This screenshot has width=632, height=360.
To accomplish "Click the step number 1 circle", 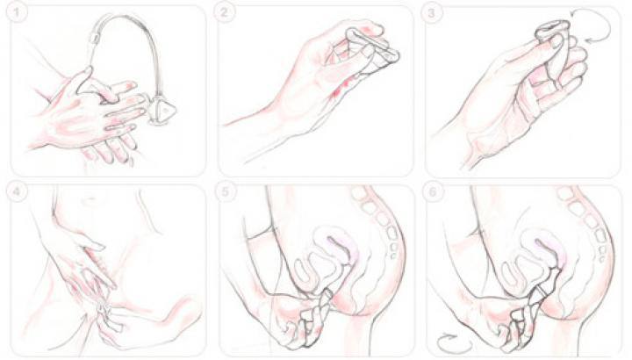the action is [17, 12].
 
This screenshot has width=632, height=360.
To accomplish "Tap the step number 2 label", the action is [224, 12].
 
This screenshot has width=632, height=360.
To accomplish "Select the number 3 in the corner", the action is [432, 13].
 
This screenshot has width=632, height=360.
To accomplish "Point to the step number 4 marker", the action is [17, 191].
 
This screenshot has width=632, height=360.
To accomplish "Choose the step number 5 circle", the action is [225, 192].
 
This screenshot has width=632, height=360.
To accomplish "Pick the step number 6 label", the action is [433, 192].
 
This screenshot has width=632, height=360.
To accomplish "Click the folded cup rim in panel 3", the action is [549, 30].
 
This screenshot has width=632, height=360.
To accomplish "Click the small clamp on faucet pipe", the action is [96, 39].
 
